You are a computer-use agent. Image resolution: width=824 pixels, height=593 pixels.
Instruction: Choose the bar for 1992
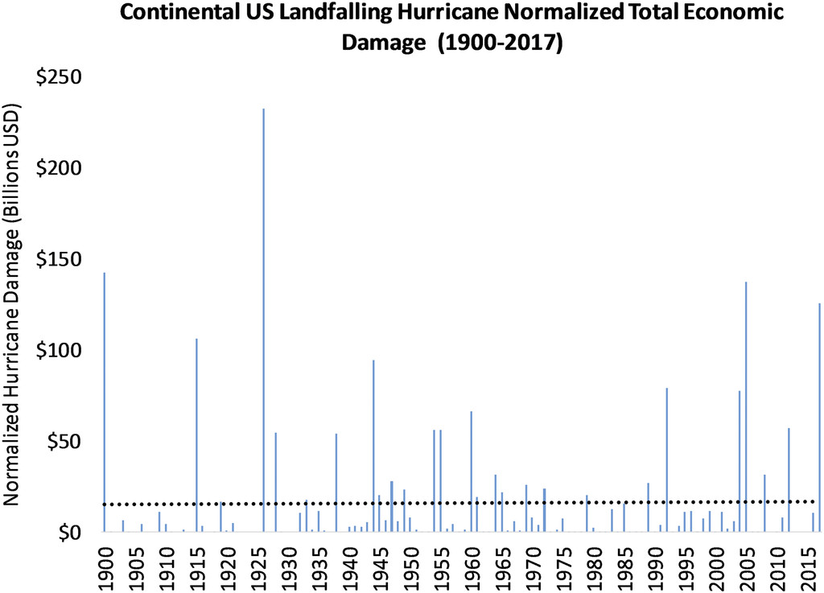point(667,459)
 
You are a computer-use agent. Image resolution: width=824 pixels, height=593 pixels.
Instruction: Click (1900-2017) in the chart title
point(499,42)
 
